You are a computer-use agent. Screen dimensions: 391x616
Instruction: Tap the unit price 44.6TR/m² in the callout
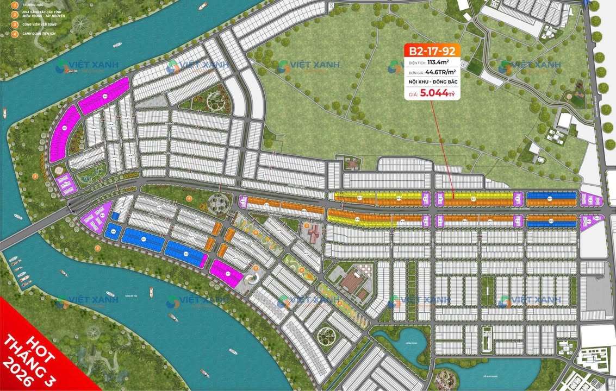click(439, 71)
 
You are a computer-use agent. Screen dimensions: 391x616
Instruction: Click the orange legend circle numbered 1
click(15, 6)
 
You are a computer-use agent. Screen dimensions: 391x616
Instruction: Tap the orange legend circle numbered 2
click(15, 15)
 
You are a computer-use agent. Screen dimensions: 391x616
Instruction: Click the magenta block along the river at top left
click(103, 96)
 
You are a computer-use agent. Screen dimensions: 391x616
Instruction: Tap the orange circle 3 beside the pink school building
click(307, 225)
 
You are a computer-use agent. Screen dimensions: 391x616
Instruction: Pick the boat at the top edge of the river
click(203, 6)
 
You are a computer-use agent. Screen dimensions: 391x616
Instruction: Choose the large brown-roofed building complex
click(354, 282)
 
